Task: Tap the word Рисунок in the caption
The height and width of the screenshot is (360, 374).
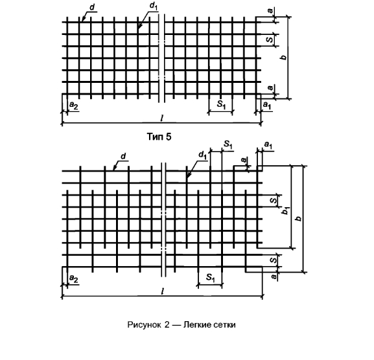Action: coord(144,325)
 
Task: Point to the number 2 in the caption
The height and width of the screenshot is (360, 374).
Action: coord(167,325)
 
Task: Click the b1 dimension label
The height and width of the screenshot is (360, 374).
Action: coord(285,210)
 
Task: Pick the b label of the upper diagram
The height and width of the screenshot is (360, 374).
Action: coord(284,57)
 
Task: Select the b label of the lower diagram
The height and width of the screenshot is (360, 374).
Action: coord(298,218)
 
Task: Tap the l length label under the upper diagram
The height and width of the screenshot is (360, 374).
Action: coord(162,118)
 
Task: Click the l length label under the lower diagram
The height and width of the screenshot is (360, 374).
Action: coord(163,291)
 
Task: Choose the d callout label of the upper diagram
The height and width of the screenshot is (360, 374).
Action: coord(92,7)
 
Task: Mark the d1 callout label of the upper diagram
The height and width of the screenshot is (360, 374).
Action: coord(154,7)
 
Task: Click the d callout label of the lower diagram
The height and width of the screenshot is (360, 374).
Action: coord(123,156)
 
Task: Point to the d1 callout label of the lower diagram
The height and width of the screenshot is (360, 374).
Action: coord(202,155)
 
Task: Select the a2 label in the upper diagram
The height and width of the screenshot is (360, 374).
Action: coord(73,105)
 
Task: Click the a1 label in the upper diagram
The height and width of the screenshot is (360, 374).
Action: coord(267,105)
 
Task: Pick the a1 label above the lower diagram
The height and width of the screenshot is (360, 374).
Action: coord(268,144)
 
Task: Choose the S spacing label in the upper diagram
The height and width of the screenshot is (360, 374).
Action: coord(270,39)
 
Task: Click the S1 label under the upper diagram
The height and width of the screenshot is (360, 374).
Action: coord(221,104)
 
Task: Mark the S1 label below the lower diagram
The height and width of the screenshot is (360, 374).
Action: coord(211,277)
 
